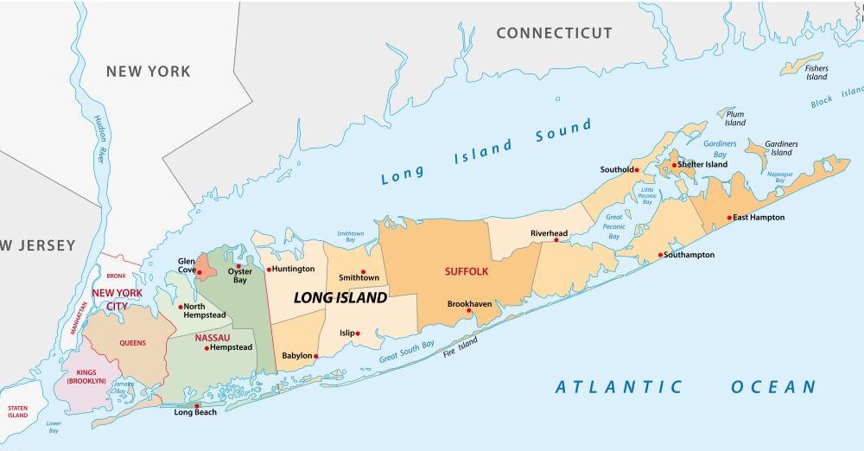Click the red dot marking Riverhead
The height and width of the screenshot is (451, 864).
pyautogui.click(x=556, y=240)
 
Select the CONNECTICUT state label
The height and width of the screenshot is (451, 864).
pyautogui.click(x=554, y=34)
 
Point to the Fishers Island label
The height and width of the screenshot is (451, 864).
pyautogui.click(x=816, y=73)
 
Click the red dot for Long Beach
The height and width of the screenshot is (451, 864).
pyautogui.click(x=197, y=405)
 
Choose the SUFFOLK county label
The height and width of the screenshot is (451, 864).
pyautogui.click(x=467, y=271)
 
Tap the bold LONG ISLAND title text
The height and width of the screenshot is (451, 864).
pyautogui.click(x=340, y=298)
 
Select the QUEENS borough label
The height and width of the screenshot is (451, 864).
pyautogui.click(x=132, y=343)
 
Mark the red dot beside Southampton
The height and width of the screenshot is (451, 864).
pyautogui.click(x=661, y=255)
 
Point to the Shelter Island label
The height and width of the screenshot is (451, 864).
pyautogui.click(x=704, y=165)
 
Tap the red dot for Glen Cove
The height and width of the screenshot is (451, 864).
pyautogui.click(x=200, y=272)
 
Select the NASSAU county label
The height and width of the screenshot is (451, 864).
pyautogui.click(x=212, y=337)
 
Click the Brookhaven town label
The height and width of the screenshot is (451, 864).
pyautogui.click(x=469, y=304)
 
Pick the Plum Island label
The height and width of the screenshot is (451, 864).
pyautogui.click(x=735, y=118)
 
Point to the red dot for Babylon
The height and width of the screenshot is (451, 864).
pyautogui.click(x=316, y=356)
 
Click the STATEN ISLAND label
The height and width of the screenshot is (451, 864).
pyautogui.click(x=17, y=411)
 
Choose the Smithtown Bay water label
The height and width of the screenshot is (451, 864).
pyautogui.click(x=350, y=237)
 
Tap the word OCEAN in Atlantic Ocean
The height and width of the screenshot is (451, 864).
pyautogui.click(x=773, y=387)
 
